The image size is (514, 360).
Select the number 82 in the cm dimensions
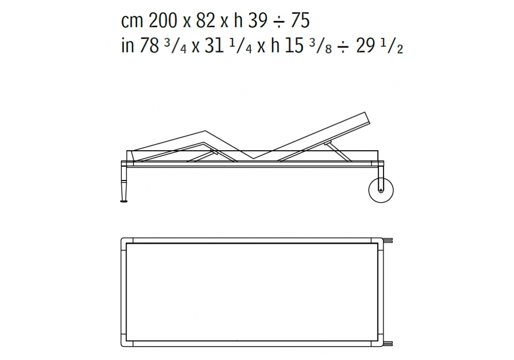click(x=206, y=21)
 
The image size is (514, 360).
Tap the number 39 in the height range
click(x=258, y=21)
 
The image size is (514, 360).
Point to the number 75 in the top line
click(x=300, y=21)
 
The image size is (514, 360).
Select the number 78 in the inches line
click(x=149, y=45)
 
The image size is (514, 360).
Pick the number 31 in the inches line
click(x=214, y=45)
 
